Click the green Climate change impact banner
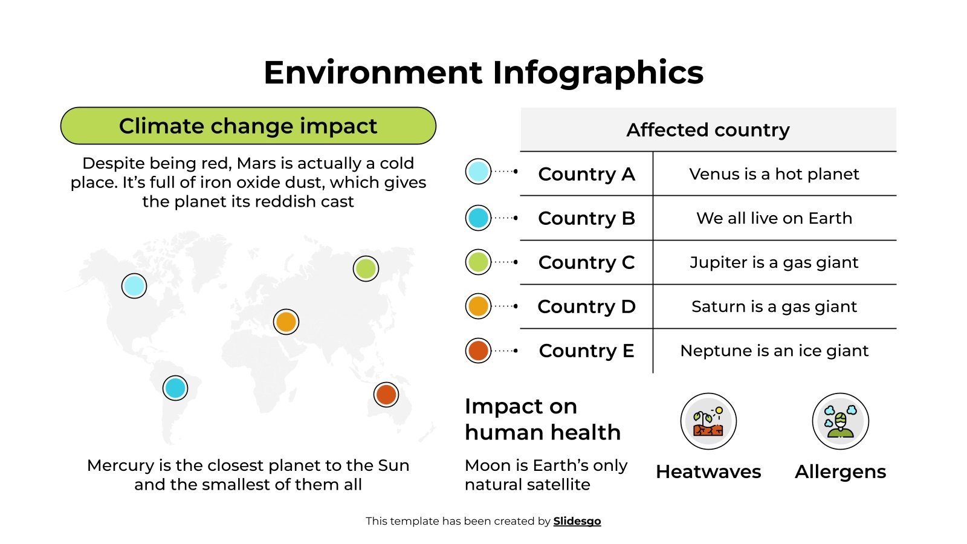pos(248,126)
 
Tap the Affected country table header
pos(708,130)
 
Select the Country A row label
pos(586,174)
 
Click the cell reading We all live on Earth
pos(774,218)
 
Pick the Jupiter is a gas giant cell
pos(774,262)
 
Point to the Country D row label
pos(586,306)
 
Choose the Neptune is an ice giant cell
pos(774,351)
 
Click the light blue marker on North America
pos(134,286)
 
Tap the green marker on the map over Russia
pos(366,268)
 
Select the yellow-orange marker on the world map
pos(286,322)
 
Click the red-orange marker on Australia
pos(386,395)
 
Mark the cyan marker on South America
pos(175,388)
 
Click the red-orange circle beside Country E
pos(478,351)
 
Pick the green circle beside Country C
pos(478,262)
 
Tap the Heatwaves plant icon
pos(708,421)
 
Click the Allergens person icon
pos(840,421)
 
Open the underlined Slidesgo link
pos(577,521)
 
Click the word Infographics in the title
pos(598,73)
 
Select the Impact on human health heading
pos(542,419)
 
